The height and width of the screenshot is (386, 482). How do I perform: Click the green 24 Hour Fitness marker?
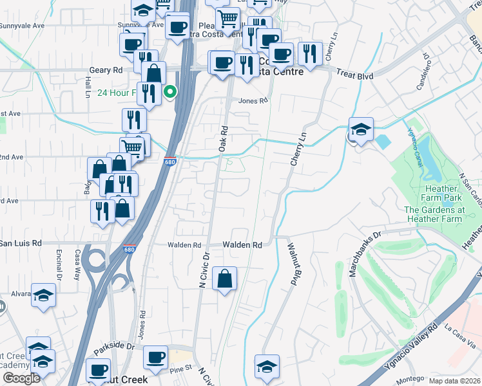point(170,92)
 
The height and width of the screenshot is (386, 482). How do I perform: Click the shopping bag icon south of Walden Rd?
point(224,279)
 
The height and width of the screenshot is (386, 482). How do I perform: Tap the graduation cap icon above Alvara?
point(43,295)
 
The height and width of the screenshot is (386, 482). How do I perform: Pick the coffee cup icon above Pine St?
point(155,358)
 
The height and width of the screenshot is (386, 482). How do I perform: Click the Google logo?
point(21,378)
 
